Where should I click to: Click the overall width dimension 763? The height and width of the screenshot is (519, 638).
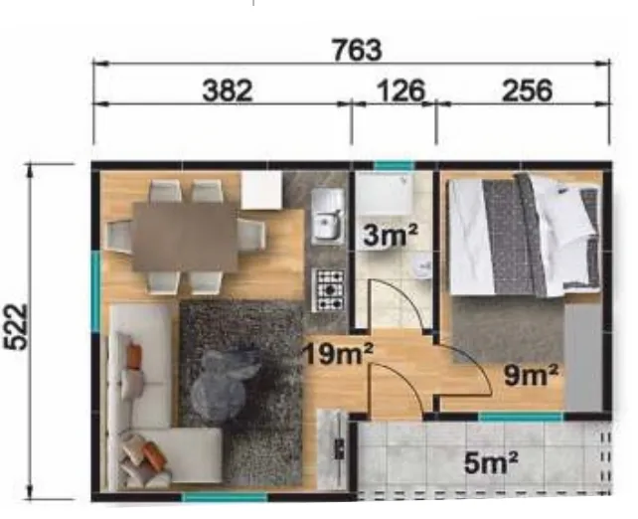point(357,50)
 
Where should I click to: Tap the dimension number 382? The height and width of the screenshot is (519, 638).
point(228,90)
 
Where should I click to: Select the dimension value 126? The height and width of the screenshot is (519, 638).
point(401,90)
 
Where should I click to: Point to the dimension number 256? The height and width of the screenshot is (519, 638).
point(528,90)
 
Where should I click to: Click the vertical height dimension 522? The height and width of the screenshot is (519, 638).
point(16,327)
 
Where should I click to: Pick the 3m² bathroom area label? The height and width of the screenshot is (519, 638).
point(391,235)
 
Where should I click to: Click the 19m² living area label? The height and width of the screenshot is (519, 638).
point(338,353)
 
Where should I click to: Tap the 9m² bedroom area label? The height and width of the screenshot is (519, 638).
point(531,375)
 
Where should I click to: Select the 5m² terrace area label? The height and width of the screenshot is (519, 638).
point(491,462)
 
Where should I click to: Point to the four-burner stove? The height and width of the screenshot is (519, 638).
point(328,289)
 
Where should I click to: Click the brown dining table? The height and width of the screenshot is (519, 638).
point(185,237)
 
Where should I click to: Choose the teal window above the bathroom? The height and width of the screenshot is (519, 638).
point(394,166)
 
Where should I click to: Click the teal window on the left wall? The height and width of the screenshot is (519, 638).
point(95,290)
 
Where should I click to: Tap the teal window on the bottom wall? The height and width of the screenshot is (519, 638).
point(225,497)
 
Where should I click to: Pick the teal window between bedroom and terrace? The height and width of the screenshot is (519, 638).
point(521,417)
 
